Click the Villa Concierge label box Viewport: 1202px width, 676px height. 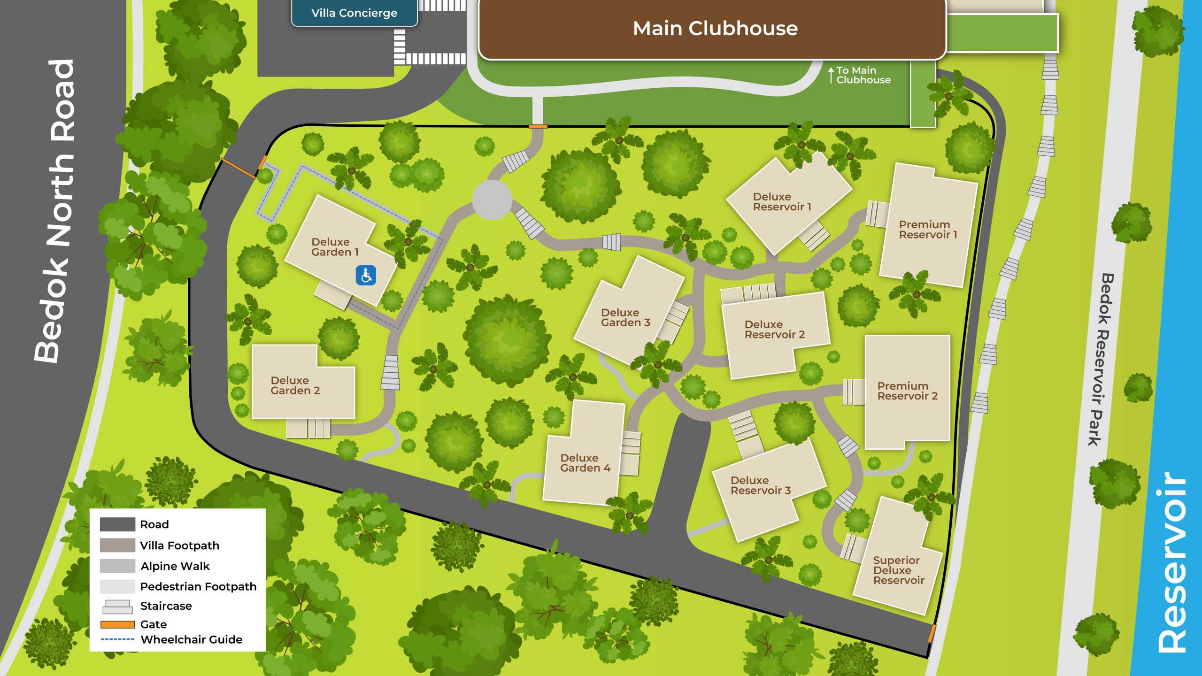click(x=354, y=13)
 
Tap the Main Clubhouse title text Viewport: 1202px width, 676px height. click(x=715, y=29)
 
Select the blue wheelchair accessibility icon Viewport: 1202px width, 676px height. click(x=366, y=276)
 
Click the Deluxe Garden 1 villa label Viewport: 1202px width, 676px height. click(x=335, y=247)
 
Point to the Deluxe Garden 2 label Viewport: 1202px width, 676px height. click(x=295, y=385)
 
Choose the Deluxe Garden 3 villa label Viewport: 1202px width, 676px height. click(x=625, y=317)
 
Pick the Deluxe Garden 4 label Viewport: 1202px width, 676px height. click(x=585, y=463)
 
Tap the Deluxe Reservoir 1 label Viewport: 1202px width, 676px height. click(x=782, y=202)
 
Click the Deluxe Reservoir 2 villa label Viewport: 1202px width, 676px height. click(x=774, y=330)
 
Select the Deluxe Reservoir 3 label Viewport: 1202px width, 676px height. click(x=760, y=485)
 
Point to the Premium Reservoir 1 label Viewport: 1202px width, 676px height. click(x=927, y=230)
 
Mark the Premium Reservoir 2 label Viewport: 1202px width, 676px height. click(x=907, y=391)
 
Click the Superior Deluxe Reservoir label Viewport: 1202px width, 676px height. click(x=898, y=570)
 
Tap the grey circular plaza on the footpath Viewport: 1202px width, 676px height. click(x=492, y=200)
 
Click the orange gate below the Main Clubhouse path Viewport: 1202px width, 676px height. click(x=538, y=126)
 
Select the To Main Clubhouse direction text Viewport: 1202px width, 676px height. click(x=863, y=75)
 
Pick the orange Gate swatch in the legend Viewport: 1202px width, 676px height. click(x=117, y=624)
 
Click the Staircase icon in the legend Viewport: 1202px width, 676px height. click(x=117, y=607)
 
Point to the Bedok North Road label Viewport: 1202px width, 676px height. click(x=54, y=211)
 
